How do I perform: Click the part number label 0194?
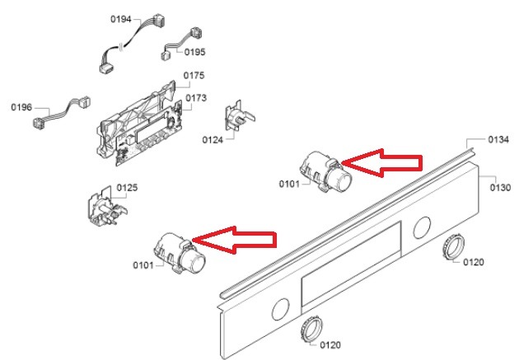121,19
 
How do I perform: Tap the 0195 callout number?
194,52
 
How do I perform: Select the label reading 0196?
21,107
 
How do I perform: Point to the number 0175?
194,76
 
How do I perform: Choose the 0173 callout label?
196,98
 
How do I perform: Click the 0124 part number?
213,140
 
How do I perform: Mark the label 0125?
127,188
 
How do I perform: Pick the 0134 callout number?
498,139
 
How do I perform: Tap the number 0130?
501,188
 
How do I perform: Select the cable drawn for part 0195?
182,44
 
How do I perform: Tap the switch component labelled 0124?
239,116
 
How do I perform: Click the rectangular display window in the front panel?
351,264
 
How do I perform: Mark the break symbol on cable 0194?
121,47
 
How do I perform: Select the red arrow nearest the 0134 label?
381,163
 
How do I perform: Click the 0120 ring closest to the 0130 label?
453,247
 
